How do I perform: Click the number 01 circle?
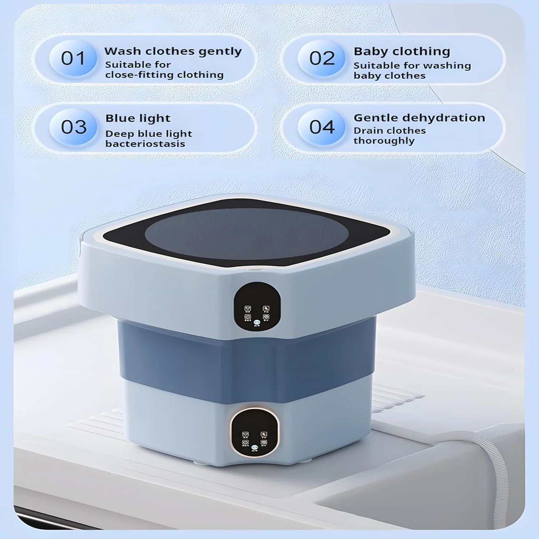[73, 58]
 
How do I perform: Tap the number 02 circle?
[322, 58]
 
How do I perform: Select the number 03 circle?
[73, 127]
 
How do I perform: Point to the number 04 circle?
[322, 127]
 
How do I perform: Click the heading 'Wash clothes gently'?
[173, 51]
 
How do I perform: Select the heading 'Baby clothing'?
[402, 51]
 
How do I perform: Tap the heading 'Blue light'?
[138, 118]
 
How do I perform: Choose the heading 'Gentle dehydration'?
[419, 118]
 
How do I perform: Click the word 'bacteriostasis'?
[145, 144]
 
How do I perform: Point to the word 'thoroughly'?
[384, 140]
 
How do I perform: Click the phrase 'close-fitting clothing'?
[164, 75]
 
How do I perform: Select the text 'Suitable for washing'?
[412, 65]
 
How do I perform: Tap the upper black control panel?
[257, 306]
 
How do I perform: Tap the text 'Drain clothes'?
[390, 130]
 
